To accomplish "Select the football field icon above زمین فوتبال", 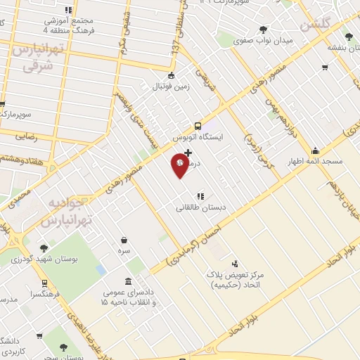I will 170,76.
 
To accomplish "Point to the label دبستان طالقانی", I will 197,207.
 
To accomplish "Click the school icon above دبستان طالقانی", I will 200,196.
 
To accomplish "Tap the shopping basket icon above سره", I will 124,240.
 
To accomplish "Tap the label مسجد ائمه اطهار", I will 317,161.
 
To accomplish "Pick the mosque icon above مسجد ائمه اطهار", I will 316,150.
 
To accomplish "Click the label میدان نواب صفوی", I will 264,41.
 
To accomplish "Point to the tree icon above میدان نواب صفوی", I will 263,30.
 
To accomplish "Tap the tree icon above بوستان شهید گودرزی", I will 44,247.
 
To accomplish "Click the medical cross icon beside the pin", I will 188,153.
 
